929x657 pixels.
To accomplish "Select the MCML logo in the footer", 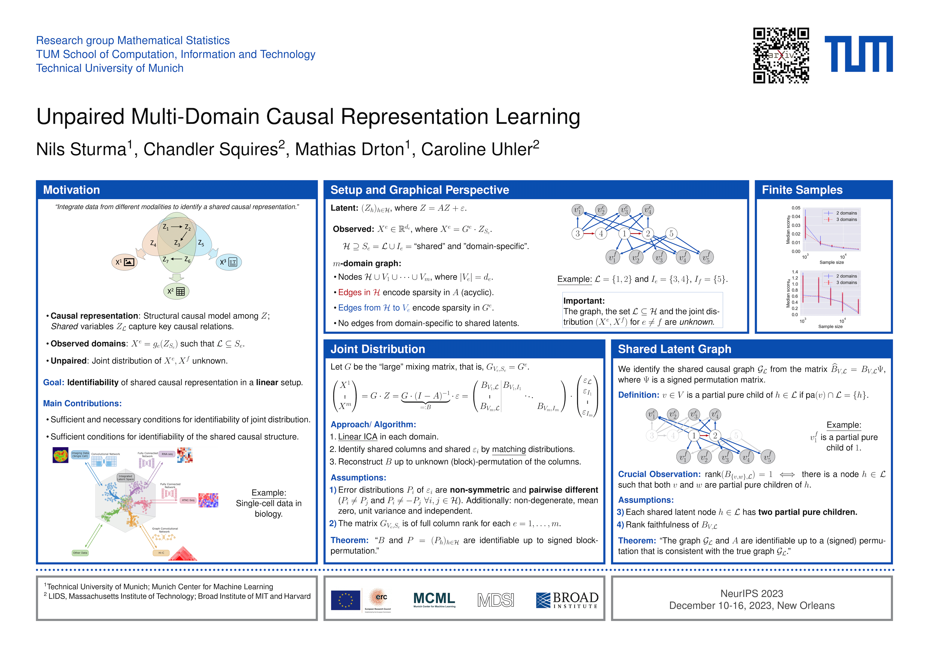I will [434, 599].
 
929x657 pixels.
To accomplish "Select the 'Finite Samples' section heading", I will [802, 190].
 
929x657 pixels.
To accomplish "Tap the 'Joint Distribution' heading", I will [377, 349].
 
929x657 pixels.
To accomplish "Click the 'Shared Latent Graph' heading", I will [675, 349].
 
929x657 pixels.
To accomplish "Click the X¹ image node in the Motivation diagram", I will [124, 262].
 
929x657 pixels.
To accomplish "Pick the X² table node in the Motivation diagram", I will [176, 291].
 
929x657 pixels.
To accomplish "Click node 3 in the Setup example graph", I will [577, 234].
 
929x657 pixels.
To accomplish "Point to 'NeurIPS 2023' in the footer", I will [752, 594].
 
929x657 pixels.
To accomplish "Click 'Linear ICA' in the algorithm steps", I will [357, 437].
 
